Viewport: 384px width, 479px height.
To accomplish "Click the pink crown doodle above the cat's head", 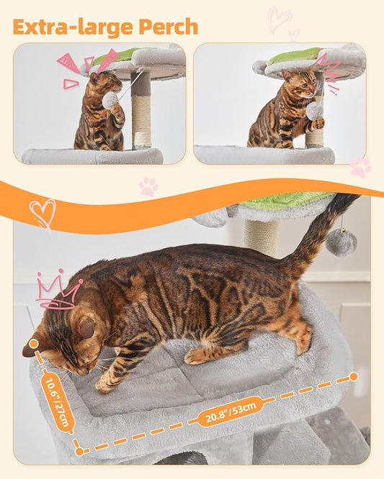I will (x=58, y=291).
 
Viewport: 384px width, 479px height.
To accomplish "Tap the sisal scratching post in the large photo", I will (x=260, y=236).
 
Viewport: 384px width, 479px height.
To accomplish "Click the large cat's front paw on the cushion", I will (x=108, y=385).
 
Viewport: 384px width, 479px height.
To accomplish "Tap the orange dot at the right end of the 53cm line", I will (x=353, y=376).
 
